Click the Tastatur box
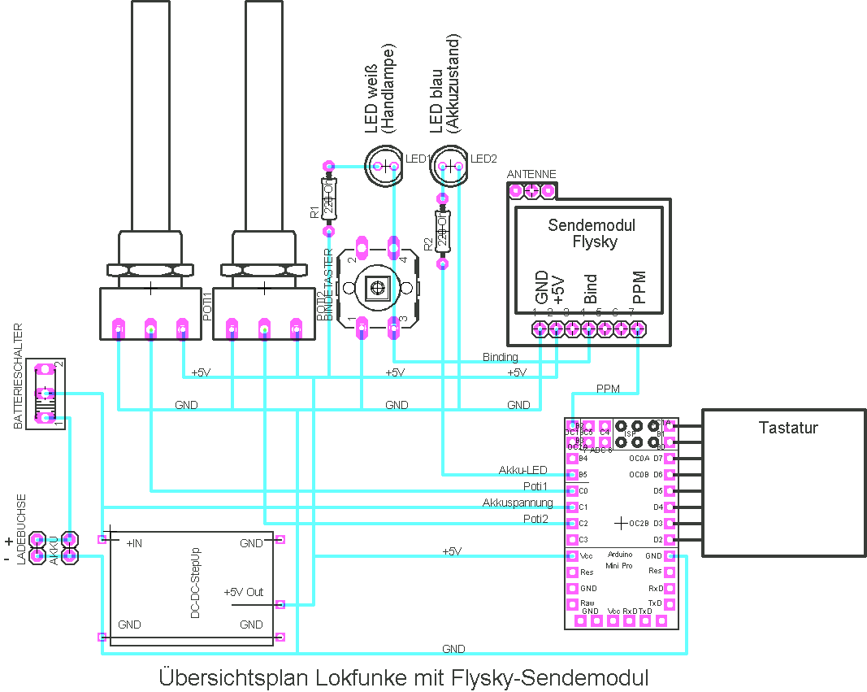pyautogui.click(x=782, y=482)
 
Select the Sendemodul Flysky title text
pyautogui.click(x=592, y=233)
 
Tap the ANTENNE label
pyautogui.click(x=531, y=175)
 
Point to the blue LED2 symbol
pyautogui.click(x=450, y=167)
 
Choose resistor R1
pyautogui.click(x=329, y=199)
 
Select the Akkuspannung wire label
pyautogui.click(x=518, y=503)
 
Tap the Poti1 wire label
pyautogui.click(x=535, y=486)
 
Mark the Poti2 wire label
pyautogui.click(x=535, y=518)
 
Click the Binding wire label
pyautogui.click(x=500, y=357)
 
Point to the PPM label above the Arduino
pyautogui.click(x=608, y=389)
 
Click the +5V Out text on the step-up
pyautogui.click(x=244, y=592)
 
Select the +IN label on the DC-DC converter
pyautogui.click(x=134, y=543)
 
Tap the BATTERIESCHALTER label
pyautogui.click(x=19, y=376)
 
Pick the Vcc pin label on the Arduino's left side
pyautogui.click(x=587, y=556)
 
